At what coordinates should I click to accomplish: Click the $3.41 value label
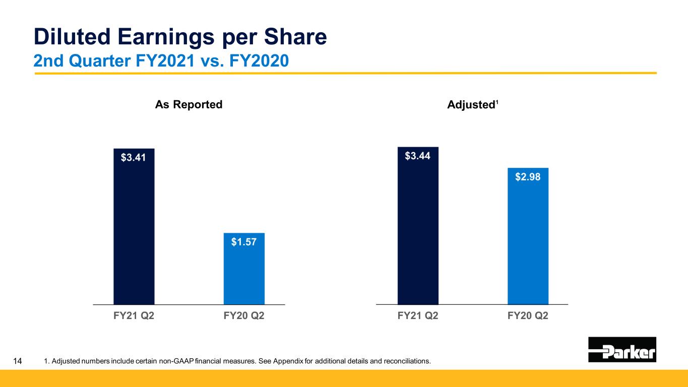134,158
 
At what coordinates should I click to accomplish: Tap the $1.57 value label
244,242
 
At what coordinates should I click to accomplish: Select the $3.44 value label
418,156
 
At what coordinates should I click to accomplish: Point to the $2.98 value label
528,177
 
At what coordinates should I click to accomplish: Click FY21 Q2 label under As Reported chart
134,316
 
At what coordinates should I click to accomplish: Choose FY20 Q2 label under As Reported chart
244,316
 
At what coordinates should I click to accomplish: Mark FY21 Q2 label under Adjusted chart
418,316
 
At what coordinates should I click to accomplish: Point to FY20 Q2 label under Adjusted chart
528,316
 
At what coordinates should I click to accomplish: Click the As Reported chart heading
189,105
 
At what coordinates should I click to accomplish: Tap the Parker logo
622,350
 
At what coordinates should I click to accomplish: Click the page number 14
18,361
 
